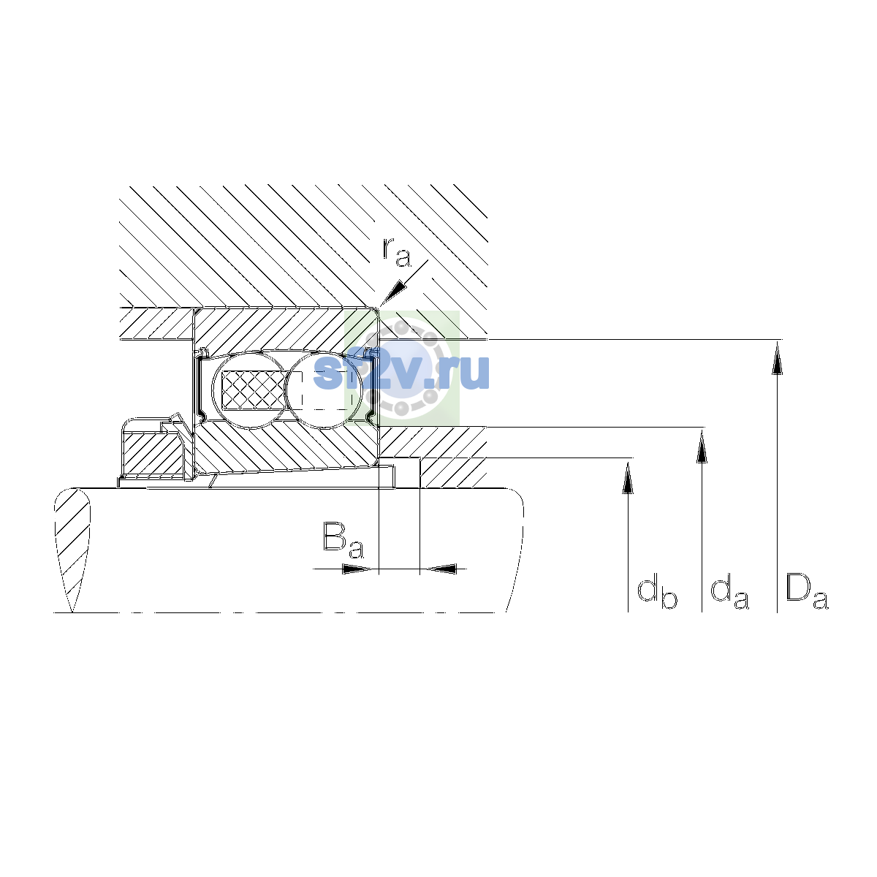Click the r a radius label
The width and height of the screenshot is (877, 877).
pyautogui.click(x=396, y=251)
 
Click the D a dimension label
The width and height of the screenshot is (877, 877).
pyautogui.click(x=807, y=591)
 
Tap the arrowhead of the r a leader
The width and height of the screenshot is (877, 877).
pyautogui.click(x=392, y=293)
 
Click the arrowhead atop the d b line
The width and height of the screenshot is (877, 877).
pyautogui.click(x=628, y=478)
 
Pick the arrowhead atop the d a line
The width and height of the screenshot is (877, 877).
pyautogui.click(x=702, y=447)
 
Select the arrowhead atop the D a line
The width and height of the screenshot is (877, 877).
pyautogui.click(x=777, y=359)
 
